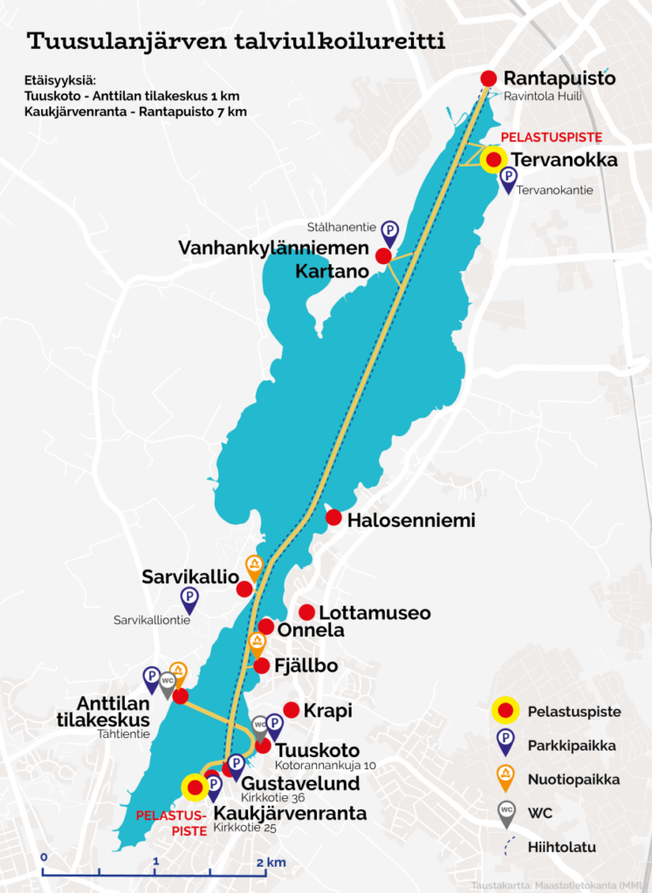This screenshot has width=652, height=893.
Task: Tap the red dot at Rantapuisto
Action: [x=489, y=78]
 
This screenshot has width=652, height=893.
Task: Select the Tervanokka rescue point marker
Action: [x=494, y=160]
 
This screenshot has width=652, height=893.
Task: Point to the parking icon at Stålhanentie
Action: [x=391, y=230]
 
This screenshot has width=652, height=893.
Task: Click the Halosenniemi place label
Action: [x=410, y=521]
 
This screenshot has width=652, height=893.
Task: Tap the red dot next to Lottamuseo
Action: [x=306, y=612]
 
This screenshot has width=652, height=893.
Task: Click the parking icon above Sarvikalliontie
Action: [x=189, y=597]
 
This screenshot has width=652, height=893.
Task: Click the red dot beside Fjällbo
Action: [x=262, y=665]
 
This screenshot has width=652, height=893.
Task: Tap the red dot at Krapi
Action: [x=292, y=710]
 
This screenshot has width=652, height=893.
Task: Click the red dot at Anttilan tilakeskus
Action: [x=181, y=696]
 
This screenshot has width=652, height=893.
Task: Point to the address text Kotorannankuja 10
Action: [x=319, y=766]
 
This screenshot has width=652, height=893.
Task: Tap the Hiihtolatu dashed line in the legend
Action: [x=505, y=846]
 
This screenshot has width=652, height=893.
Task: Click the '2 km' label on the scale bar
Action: [x=271, y=862]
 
